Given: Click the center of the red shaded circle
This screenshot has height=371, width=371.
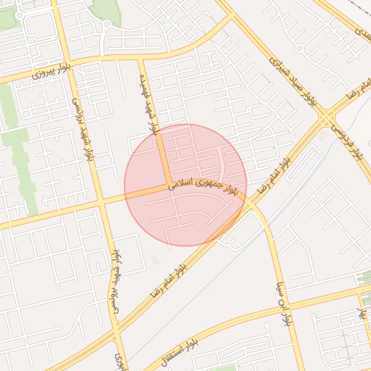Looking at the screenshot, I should click(x=185, y=185).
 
